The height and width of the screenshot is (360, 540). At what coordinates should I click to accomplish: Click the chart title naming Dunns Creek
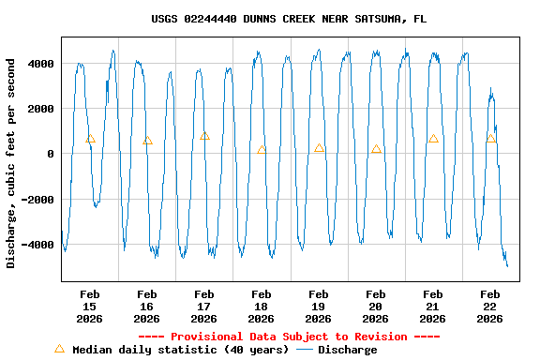pyautogui.click(x=289, y=19)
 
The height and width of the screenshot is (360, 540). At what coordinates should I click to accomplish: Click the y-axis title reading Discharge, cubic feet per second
pyautogui.click(x=11, y=163)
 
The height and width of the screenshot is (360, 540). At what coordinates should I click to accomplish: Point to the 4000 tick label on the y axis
pyautogui.click(x=39, y=64)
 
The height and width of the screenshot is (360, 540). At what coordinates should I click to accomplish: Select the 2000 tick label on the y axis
pyautogui.click(x=39, y=109)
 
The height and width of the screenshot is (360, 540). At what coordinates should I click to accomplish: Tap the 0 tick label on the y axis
pyautogui.click(x=51, y=154)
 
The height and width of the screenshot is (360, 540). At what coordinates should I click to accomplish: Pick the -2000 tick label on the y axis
pyautogui.click(x=37, y=200)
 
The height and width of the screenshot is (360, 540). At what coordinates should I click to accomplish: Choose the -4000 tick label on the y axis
pyautogui.click(x=37, y=245)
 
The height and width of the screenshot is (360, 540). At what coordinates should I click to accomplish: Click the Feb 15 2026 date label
pyautogui.click(x=90, y=306)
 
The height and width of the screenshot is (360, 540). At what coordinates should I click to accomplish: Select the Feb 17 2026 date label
pyautogui.click(x=204, y=306)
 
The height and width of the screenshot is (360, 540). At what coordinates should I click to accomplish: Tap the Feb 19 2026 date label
pyautogui.click(x=319, y=306)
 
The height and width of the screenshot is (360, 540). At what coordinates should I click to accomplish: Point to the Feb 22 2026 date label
pyautogui.click(x=490, y=306)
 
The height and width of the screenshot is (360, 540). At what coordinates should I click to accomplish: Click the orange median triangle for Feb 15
pyautogui.click(x=90, y=139)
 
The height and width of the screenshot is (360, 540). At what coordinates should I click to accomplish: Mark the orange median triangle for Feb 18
pyautogui.click(x=262, y=149)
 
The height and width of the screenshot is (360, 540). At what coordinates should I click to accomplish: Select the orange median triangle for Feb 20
pyautogui.click(x=376, y=149)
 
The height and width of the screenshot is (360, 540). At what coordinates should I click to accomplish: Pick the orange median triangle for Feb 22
pyautogui.click(x=490, y=139)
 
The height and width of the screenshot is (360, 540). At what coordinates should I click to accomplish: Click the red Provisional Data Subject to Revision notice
pyautogui.click(x=289, y=337)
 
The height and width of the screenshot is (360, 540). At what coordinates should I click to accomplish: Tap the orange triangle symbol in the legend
pyautogui.click(x=59, y=349)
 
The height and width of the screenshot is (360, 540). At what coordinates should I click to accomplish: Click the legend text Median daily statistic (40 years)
pyautogui.click(x=180, y=350)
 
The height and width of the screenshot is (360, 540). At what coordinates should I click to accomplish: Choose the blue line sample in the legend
pyautogui.click(x=305, y=350)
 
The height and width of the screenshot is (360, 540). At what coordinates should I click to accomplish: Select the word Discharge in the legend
pyautogui.click(x=347, y=350)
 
